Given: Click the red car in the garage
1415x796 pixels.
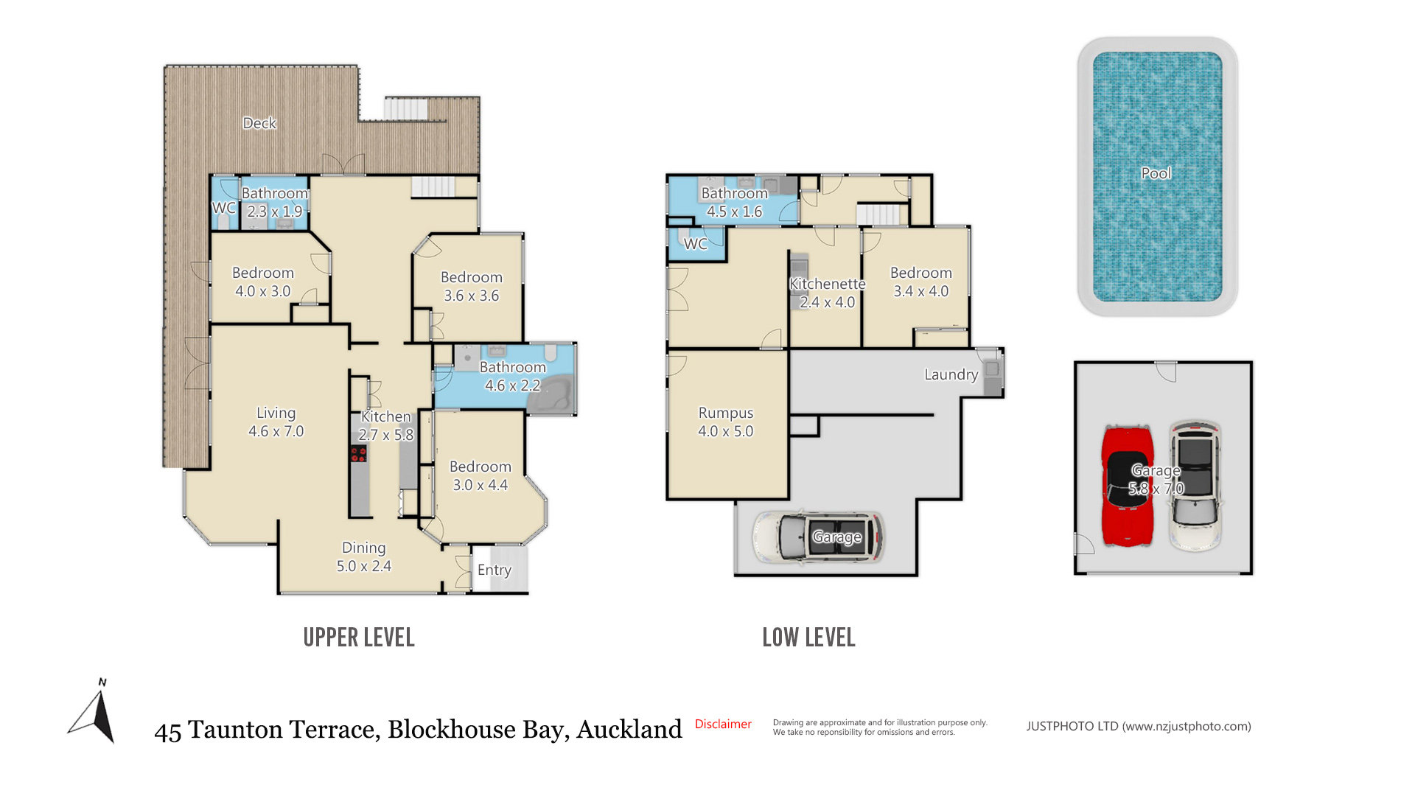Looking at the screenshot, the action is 1128,486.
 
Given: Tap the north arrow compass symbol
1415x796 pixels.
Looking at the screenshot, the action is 94,711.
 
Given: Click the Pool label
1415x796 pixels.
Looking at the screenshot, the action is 1156,173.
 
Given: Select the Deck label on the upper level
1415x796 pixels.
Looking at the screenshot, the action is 259,123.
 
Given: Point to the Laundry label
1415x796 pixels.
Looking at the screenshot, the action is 951,374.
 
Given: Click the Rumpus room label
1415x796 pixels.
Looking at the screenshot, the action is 726,413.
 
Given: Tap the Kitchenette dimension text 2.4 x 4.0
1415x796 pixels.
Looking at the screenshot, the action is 827,302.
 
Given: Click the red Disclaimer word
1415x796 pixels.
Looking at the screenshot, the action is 723,724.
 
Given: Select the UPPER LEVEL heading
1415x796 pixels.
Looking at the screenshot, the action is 359,638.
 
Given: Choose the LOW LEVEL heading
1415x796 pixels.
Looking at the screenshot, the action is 808,638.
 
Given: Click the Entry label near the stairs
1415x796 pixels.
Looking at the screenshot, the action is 494,570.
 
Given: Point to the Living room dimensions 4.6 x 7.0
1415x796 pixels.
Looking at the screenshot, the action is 276,431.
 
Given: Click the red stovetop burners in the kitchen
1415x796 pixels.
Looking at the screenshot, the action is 358,454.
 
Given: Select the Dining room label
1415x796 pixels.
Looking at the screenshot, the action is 364,548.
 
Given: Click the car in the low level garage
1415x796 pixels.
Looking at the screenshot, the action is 818,537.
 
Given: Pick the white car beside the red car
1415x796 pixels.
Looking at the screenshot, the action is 1195,486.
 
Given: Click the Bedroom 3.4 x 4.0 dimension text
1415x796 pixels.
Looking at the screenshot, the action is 921,291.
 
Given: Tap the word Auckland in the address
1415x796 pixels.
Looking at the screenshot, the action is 629,729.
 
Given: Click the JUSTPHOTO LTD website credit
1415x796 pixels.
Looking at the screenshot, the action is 1139,726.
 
